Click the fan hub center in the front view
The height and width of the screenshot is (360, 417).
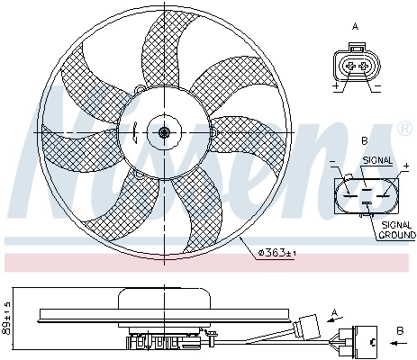164,133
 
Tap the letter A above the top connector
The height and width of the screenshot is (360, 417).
354,27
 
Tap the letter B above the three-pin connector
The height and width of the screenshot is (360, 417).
363,142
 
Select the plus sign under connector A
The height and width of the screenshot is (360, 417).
335,87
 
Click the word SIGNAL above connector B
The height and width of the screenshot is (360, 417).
377,159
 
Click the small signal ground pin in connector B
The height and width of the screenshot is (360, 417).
367,205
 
